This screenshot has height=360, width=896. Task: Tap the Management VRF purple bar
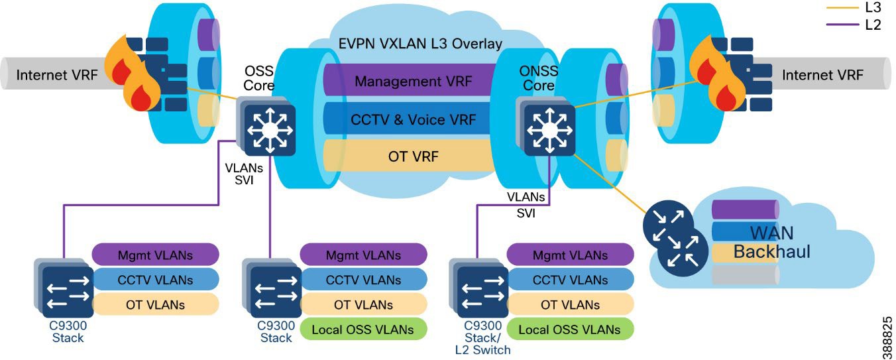413,82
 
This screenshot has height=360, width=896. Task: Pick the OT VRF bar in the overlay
413,157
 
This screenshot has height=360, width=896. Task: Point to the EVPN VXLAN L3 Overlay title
420,44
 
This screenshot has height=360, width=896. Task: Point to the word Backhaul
771,252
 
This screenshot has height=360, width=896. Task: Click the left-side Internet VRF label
56,75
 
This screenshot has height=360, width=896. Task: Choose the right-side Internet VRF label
822,75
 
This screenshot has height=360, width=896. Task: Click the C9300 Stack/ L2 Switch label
480,337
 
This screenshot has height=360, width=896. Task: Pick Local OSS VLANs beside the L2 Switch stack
569,330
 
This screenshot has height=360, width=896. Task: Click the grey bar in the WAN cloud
744,275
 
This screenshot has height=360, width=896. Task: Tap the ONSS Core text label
538,79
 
